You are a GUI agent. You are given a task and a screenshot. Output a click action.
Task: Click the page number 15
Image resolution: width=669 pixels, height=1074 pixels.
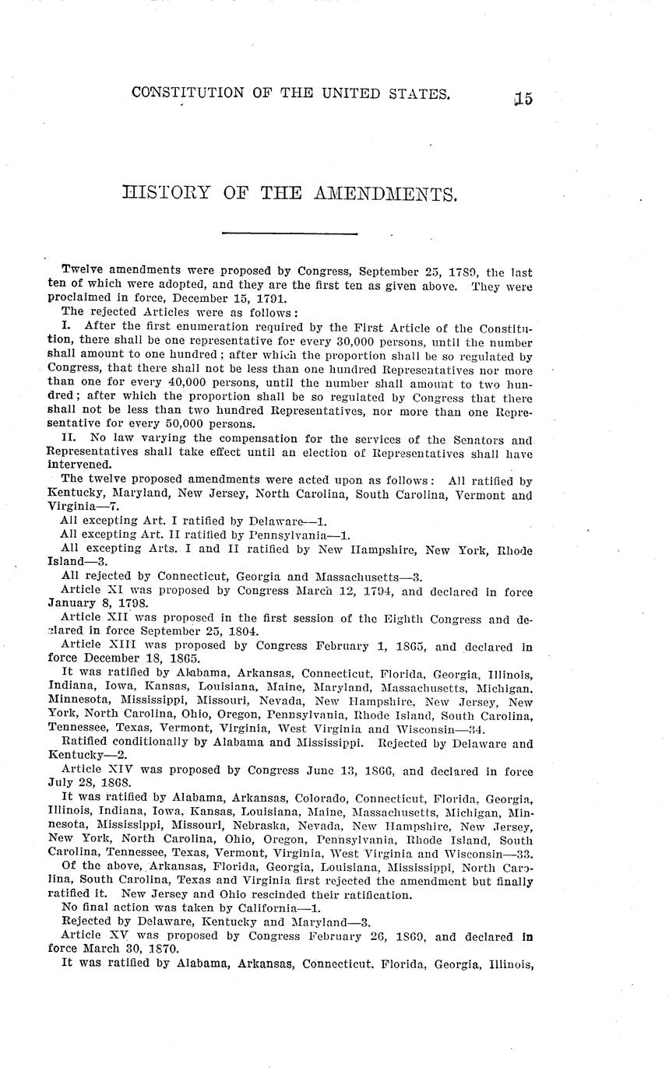coord(523,98)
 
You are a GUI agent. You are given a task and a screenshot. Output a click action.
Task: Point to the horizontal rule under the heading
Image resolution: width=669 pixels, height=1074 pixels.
coord(289,233)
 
